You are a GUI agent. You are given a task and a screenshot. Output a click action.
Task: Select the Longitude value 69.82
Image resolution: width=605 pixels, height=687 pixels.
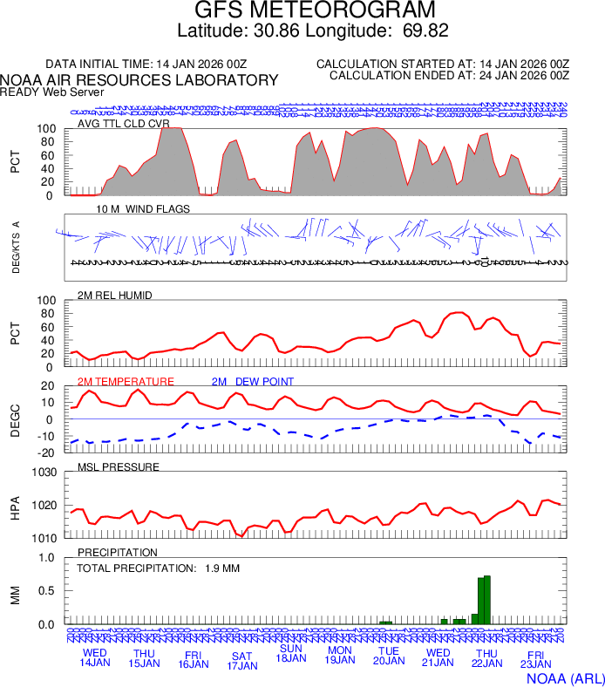coord(425,31)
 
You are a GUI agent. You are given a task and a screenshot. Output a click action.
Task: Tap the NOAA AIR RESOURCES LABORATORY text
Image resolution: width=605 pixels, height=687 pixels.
coord(139,80)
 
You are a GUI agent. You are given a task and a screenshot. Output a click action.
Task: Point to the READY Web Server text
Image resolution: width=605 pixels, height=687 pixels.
coord(52,92)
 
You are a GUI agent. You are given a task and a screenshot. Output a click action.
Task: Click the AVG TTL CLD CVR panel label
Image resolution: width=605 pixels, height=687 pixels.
coord(124,123)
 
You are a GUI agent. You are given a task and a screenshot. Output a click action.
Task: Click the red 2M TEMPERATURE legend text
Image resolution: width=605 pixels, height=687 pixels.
coord(126,382)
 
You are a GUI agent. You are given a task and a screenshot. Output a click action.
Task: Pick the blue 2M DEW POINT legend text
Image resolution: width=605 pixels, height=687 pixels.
coord(252,382)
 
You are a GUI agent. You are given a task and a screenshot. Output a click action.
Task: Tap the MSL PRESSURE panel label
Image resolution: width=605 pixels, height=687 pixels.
coord(119,467)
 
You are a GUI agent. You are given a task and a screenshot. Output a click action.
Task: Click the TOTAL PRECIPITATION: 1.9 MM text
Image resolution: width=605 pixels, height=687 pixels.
coord(158,568)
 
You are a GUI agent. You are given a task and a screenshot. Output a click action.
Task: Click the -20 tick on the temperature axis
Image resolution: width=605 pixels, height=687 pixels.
coord(48,452)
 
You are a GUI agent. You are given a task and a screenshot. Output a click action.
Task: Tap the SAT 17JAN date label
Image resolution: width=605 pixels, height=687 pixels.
coord(242,660)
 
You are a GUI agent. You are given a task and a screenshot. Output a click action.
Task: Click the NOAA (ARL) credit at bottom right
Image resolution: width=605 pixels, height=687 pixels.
coord(565,677)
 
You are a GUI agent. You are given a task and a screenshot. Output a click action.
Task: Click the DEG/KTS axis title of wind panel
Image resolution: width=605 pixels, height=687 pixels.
coord(16,248)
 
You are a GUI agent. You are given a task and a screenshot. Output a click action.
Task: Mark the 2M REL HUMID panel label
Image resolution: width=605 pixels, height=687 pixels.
coord(115,296)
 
